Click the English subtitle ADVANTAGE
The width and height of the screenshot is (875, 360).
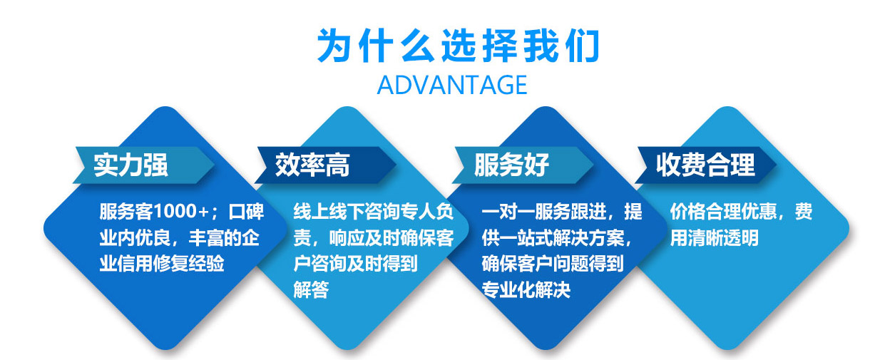tap(452, 85)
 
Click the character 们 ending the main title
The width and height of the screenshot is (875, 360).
tap(582, 46)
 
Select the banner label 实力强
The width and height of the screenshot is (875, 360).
tap(131, 165)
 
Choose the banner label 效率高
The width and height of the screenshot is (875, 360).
tap(312, 165)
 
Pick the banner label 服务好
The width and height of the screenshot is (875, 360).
tap(512, 165)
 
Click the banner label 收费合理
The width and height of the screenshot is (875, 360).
tap(705, 165)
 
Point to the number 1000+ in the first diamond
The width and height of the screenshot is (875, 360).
tap(181, 212)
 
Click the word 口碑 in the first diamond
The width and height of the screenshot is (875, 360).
tap(247, 212)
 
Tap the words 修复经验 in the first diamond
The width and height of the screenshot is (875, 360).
tap(189, 264)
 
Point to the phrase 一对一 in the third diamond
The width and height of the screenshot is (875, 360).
tap(508, 212)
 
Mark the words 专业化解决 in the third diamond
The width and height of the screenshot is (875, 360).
tap(526, 289)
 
